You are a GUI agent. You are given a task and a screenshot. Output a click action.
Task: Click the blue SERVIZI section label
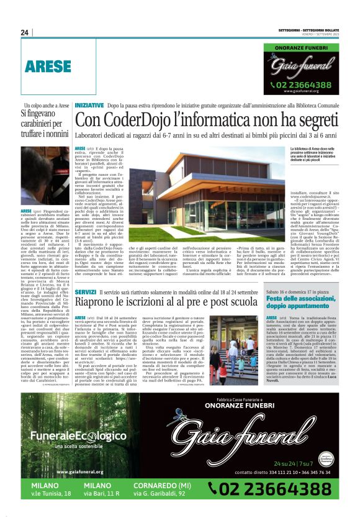click(85, 291)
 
